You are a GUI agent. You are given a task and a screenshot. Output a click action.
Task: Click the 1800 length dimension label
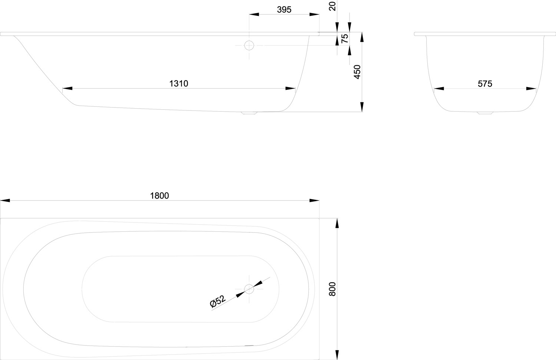[159, 196]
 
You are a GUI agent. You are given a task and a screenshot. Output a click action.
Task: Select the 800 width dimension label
[332, 289]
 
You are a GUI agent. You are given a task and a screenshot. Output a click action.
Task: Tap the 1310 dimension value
[179, 84]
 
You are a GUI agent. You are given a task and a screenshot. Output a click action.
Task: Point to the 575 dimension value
[485, 84]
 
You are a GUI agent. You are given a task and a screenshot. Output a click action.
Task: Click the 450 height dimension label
[357, 72]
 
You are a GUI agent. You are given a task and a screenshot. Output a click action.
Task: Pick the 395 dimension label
[284, 10]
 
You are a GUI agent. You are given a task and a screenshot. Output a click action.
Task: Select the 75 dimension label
[345, 39]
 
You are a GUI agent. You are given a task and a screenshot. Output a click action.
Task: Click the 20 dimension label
[332, 6]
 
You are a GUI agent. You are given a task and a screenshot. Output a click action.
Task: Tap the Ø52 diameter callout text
[218, 301]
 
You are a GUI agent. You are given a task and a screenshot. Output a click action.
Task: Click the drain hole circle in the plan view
[249, 289]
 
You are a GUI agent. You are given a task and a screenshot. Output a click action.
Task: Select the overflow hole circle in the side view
[249, 46]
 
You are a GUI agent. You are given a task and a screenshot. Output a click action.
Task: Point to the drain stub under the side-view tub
[249, 113]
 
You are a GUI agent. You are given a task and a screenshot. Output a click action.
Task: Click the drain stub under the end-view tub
[485, 113]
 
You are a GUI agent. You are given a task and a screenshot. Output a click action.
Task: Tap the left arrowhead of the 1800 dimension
[5, 200]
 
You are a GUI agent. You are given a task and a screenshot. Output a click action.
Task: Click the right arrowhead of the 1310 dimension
[290, 88]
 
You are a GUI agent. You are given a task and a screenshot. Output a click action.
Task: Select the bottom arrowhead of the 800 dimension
[337, 355]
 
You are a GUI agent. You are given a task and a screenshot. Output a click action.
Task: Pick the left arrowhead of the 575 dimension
[439, 88]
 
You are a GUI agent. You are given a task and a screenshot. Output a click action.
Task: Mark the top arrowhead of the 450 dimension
[362, 37]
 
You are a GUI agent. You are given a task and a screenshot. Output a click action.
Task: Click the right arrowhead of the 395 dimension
[314, 14]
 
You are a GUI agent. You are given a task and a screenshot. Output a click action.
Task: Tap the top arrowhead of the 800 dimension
[337, 223]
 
